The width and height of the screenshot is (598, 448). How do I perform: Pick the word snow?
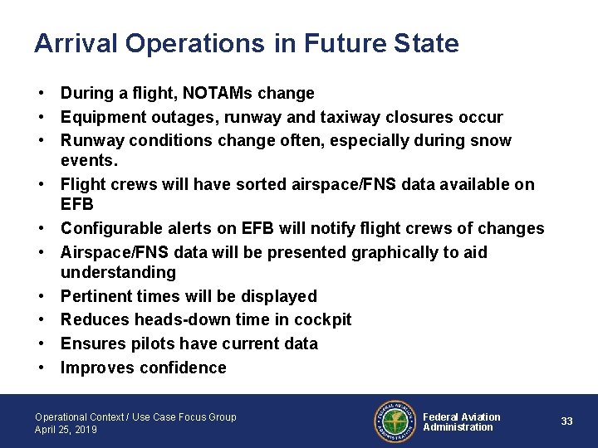point(493,141)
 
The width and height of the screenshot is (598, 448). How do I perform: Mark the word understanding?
point(118,272)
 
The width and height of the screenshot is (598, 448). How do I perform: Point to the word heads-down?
point(177,319)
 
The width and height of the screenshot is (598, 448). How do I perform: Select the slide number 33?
point(566,421)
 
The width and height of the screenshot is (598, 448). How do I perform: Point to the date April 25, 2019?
point(66,430)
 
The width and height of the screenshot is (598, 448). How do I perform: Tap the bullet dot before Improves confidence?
point(41,368)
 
